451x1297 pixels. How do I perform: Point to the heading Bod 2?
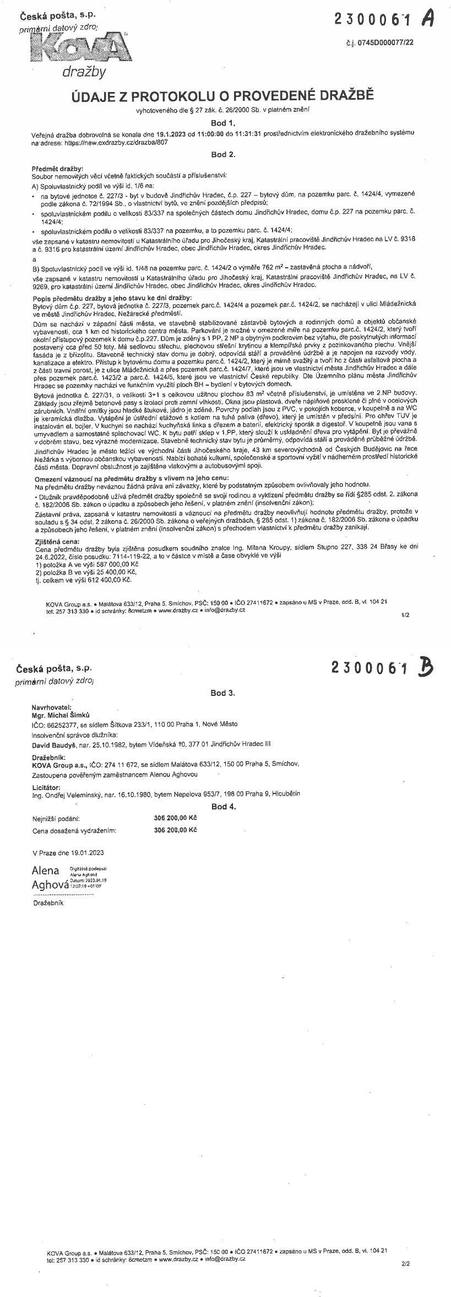click(x=223, y=154)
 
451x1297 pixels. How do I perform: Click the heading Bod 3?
click(x=223, y=693)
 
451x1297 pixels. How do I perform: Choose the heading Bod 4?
click(x=224, y=806)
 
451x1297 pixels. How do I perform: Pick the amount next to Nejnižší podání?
click(x=175, y=818)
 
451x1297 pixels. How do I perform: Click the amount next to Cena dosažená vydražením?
click(x=175, y=829)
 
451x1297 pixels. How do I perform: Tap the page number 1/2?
click(x=406, y=614)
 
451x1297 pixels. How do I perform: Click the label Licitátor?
click(x=46, y=787)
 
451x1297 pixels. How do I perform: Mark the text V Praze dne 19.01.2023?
click(x=68, y=852)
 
